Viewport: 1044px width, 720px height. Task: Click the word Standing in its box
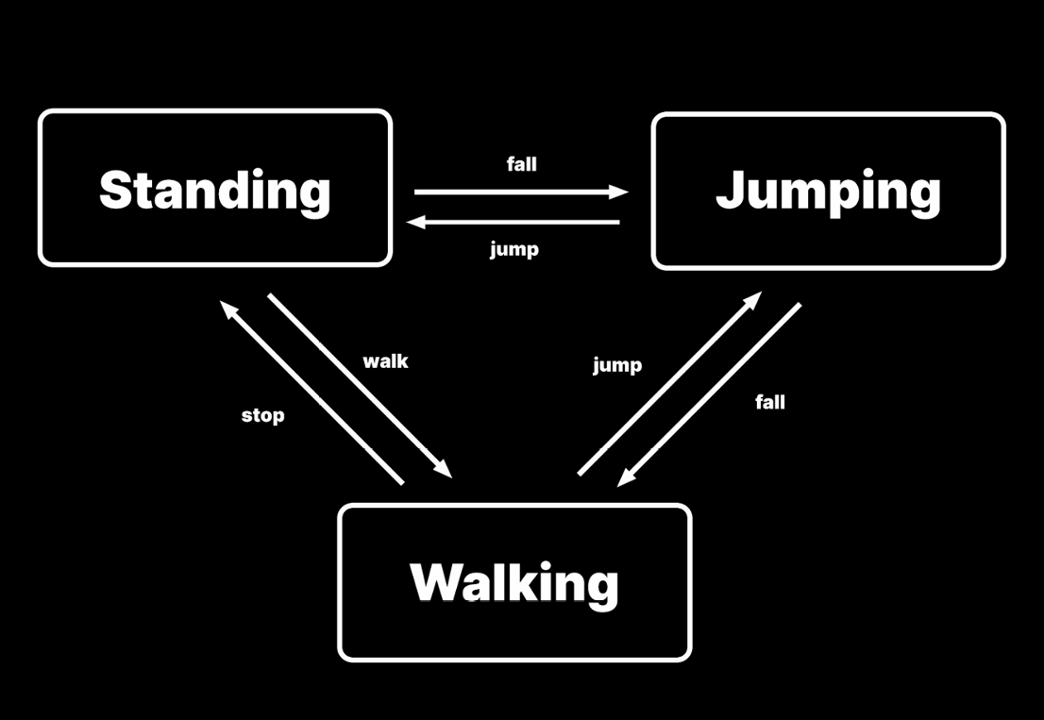pyautogui.click(x=214, y=190)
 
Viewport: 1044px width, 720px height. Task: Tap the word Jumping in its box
pyautogui.click(x=828, y=192)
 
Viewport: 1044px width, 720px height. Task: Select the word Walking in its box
pyautogui.click(x=514, y=582)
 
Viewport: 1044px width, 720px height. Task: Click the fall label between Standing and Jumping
pyautogui.click(x=521, y=164)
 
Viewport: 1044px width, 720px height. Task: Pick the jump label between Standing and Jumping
pyautogui.click(x=514, y=250)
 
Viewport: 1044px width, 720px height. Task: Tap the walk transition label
pyautogui.click(x=385, y=361)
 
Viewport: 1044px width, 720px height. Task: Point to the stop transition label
pyautogui.click(x=262, y=415)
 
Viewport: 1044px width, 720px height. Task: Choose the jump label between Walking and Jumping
pyautogui.click(x=617, y=365)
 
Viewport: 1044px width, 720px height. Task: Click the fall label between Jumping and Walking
pyautogui.click(x=770, y=402)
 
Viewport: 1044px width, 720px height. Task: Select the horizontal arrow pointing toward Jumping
pyautogui.click(x=519, y=193)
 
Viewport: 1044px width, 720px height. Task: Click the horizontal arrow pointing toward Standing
pyautogui.click(x=514, y=223)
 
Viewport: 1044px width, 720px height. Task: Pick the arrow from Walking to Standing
pyautogui.click(x=312, y=393)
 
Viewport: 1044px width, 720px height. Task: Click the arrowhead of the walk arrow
pyautogui.click(x=445, y=470)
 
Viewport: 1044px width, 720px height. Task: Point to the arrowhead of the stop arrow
pyautogui.click(x=227, y=308)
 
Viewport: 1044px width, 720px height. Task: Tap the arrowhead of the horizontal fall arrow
pyautogui.click(x=619, y=193)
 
